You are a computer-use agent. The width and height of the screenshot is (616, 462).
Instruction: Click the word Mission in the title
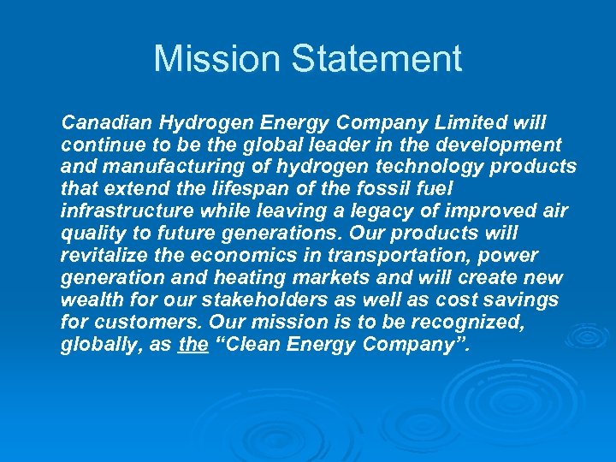[216, 58]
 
